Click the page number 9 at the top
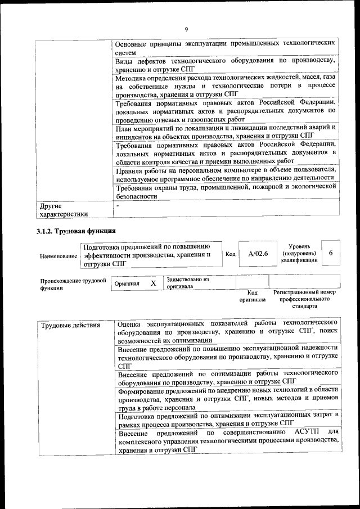pos(186,29)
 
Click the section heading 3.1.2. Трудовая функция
pos(76,231)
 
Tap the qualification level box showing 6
pos(331,254)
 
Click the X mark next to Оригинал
pos(153,283)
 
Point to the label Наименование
pos(58,256)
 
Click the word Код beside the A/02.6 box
pos(230,254)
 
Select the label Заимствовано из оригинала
pos(188,282)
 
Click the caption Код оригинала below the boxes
pos(253,296)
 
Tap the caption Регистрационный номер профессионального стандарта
pos(304,299)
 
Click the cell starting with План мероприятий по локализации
pos(225,131)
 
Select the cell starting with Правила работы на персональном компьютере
pos(225,173)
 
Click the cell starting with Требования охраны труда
pos(225,192)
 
